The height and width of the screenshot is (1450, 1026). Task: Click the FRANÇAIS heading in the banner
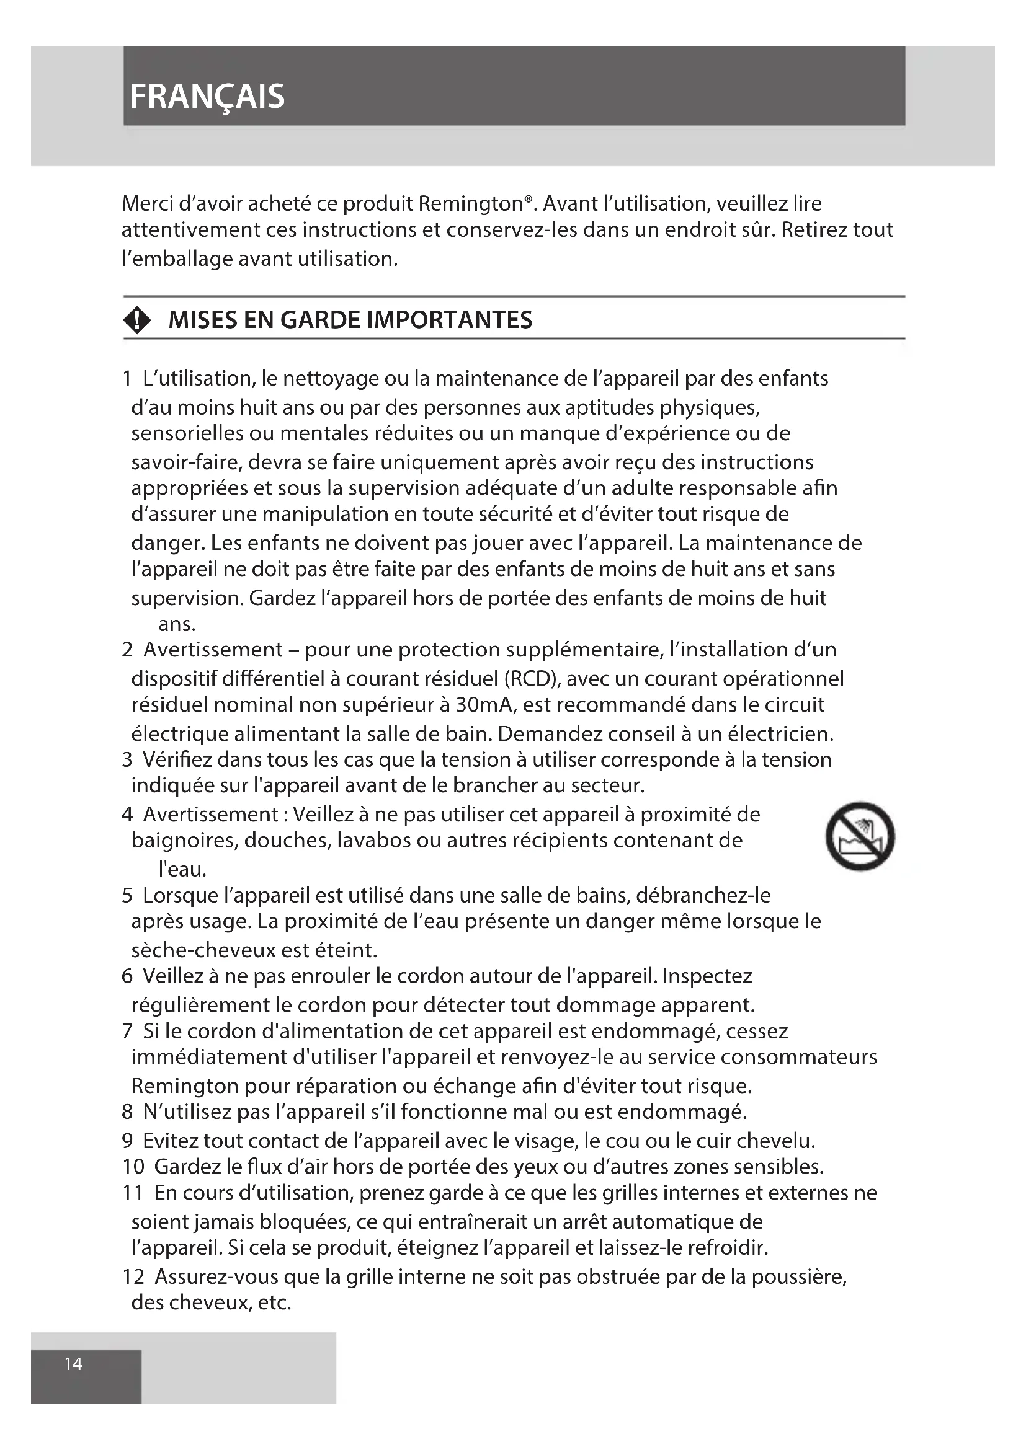(x=207, y=97)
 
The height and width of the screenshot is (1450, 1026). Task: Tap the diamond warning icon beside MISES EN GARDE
(x=137, y=320)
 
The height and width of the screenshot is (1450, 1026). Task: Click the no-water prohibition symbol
(x=860, y=836)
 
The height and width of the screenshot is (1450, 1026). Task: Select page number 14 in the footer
(x=73, y=1364)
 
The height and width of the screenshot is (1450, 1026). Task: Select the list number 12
(x=133, y=1276)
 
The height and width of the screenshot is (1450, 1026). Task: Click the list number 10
(x=133, y=1167)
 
